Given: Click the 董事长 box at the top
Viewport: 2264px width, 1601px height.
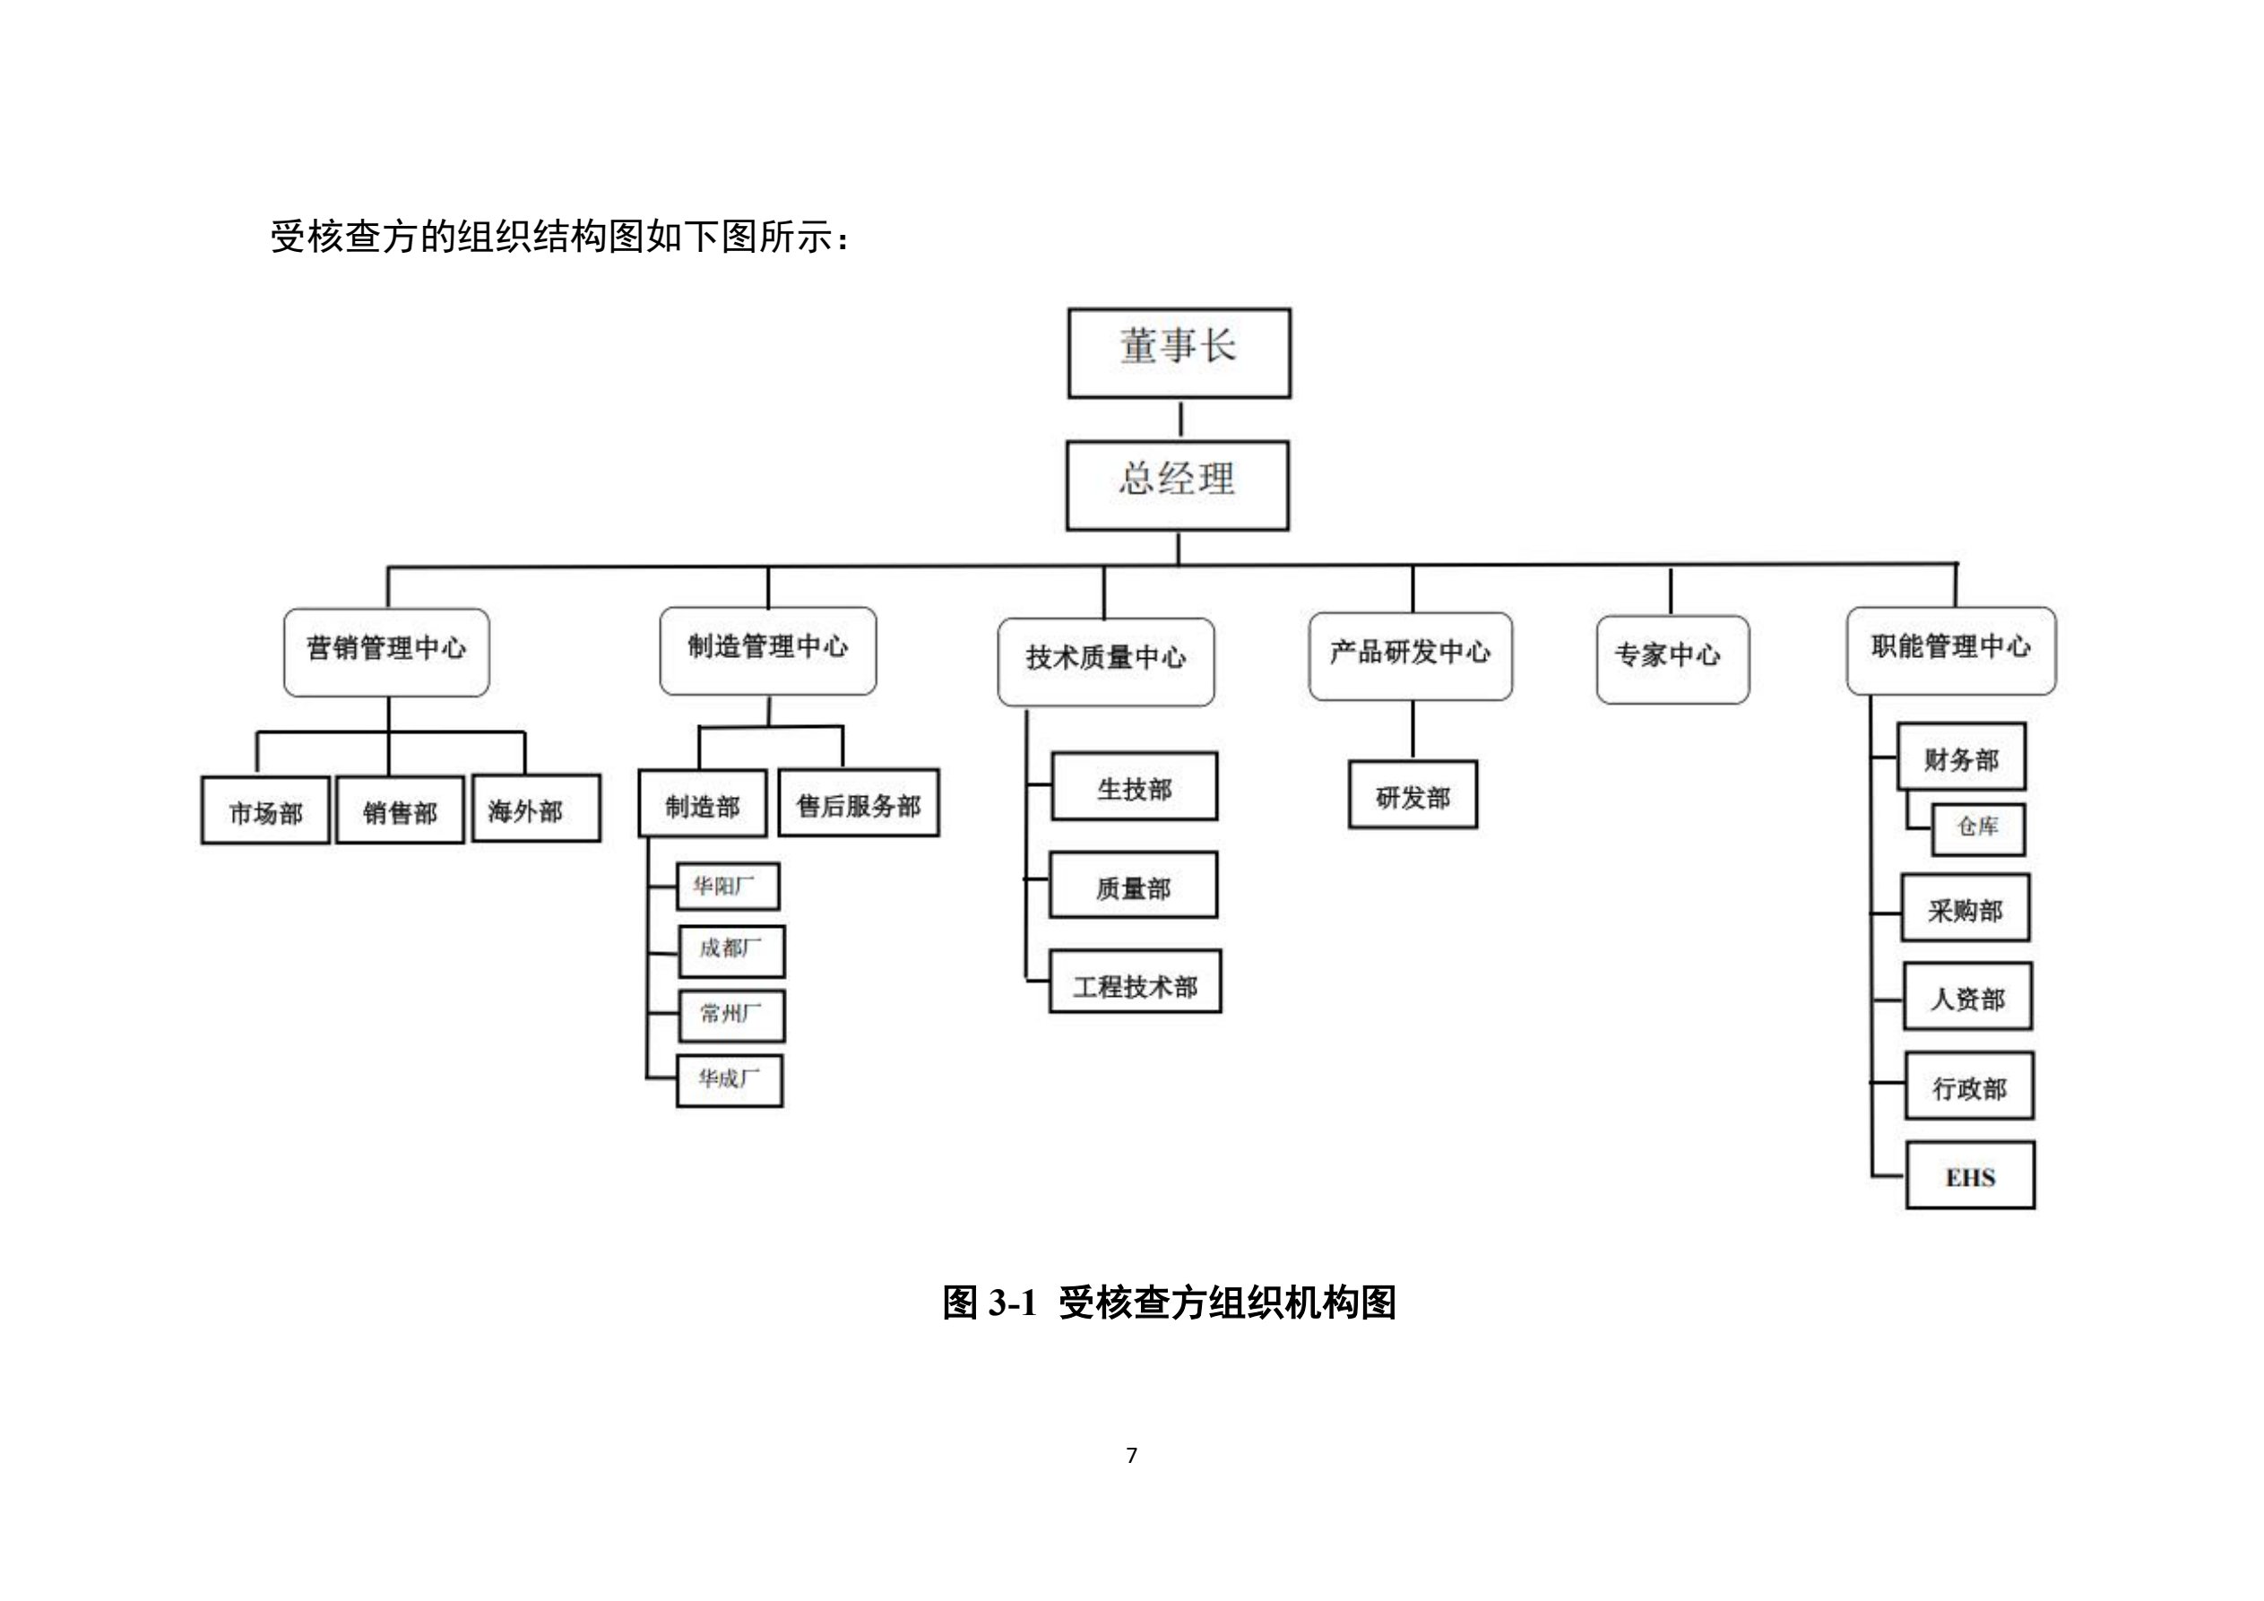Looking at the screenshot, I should coord(1179,352).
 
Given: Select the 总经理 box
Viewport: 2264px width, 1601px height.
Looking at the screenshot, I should coord(1178,484).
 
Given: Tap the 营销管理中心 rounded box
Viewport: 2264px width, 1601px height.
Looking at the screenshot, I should coord(385,652).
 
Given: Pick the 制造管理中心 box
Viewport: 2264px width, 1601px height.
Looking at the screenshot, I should coord(767,650).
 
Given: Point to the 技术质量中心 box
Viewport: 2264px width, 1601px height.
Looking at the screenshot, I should coord(1105,661).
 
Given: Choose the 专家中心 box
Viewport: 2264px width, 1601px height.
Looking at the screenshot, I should coord(1672,659).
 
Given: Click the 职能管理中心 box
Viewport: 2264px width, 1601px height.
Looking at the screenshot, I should coord(1950,650).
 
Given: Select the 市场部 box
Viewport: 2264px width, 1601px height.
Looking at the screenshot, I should coord(265,809).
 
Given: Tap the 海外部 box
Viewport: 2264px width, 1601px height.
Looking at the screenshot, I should coord(535,808).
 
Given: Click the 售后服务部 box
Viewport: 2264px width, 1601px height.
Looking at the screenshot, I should coord(858,803).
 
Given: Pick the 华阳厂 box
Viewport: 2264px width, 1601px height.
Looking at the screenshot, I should coord(728,886).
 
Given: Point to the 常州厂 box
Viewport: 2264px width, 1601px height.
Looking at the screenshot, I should coord(730,1015).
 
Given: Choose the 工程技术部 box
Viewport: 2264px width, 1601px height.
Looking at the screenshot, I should coord(1134,982).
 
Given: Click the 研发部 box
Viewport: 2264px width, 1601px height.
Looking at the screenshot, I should coord(1412,794).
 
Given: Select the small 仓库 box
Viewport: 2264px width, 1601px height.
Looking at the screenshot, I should coord(1977,827).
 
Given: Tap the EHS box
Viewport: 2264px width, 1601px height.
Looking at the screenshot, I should coord(1969,1175).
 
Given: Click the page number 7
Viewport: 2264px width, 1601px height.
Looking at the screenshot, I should coord(1131,1454).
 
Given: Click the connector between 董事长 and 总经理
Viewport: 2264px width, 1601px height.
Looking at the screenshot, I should coord(1180,420).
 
